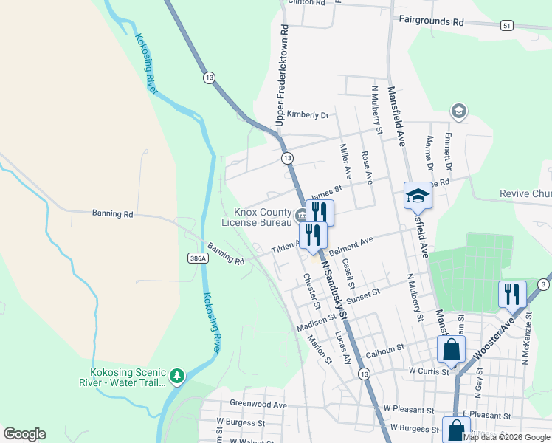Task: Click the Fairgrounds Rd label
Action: coord(431,21)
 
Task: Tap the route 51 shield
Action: coord(506,26)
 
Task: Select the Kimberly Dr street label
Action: coord(308,114)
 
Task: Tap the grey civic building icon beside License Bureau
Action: coord(301,216)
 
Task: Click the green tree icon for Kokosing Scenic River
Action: coord(176,377)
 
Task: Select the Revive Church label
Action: coord(525,193)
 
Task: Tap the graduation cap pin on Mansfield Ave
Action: coord(417,197)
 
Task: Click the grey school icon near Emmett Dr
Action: coord(458,111)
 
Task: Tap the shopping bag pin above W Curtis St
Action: coord(451,350)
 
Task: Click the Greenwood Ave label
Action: coord(258,405)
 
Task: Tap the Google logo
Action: coord(24,434)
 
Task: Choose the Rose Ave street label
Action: coord(366,168)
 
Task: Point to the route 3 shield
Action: coord(542,284)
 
